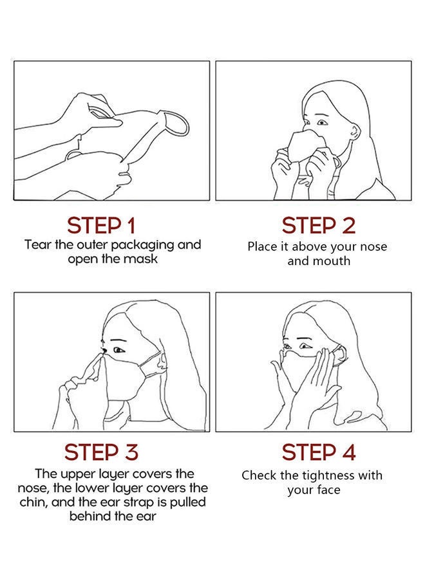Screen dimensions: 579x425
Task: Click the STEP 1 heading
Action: (x=102, y=226)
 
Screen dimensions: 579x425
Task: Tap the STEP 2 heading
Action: (x=318, y=226)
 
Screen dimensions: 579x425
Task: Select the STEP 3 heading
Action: (x=102, y=452)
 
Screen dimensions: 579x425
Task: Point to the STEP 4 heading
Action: (x=318, y=452)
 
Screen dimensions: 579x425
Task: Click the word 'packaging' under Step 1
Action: (x=140, y=245)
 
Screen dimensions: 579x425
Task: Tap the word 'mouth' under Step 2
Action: (x=333, y=261)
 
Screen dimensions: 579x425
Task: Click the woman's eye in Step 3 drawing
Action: (x=118, y=350)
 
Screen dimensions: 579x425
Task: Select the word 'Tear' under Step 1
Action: (x=37, y=245)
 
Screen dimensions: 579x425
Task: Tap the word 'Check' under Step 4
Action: (x=260, y=475)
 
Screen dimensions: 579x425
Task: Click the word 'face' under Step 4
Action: (x=326, y=490)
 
